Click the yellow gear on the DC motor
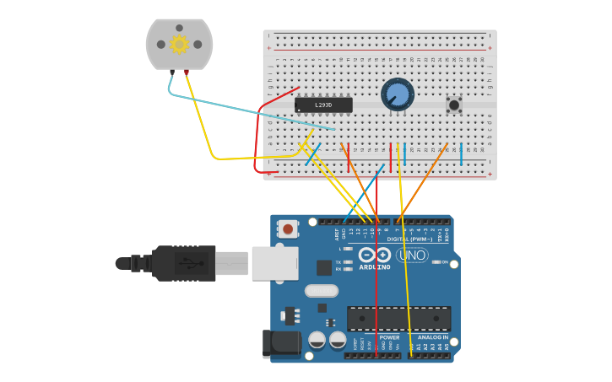point(179,44)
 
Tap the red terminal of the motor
point(187,73)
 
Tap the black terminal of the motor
point(171,73)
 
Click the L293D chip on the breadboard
point(323,105)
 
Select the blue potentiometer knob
point(397,94)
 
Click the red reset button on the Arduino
point(288,229)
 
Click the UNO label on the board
point(412,256)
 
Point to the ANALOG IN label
point(433,337)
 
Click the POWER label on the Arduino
point(389,337)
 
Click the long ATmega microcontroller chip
point(398,318)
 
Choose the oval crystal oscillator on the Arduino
point(321,291)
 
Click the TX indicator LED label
point(338,262)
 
